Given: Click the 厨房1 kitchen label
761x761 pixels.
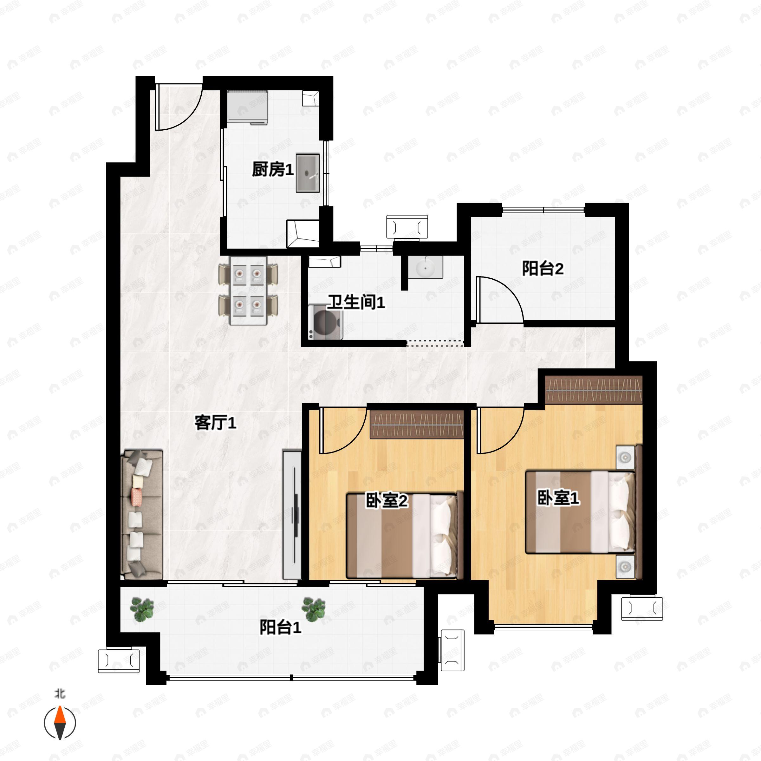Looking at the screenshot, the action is coord(273,170).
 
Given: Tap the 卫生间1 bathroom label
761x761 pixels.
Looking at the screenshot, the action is coord(356,302).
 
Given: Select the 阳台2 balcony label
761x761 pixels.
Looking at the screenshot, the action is coord(543,269).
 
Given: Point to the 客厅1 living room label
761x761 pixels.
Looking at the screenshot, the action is coord(216,423).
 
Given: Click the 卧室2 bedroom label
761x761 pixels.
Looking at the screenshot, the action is coord(387,501).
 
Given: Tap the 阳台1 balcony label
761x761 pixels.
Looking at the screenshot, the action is coord(280,627).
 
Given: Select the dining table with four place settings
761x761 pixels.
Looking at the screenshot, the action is coord(249,291).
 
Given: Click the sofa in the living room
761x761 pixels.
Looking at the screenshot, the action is coord(142,514).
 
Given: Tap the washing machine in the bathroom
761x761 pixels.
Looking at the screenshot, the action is coord(326,322).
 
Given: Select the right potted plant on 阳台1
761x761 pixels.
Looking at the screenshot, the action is coord(314,609).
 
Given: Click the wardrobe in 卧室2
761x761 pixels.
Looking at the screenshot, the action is coord(417,424).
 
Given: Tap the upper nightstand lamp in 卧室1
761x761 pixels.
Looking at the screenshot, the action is coord(625,457).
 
